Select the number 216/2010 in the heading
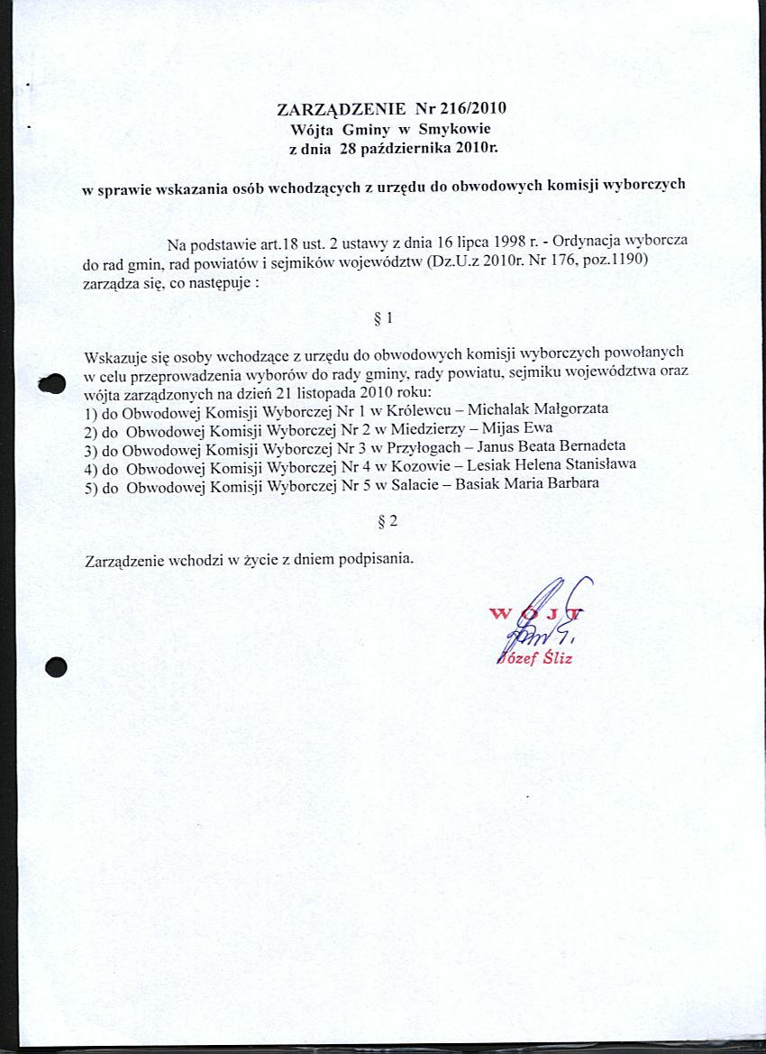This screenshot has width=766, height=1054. [x=475, y=109]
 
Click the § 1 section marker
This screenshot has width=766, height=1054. [x=382, y=318]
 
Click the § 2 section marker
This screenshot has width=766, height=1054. [x=387, y=520]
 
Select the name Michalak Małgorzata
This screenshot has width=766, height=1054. [x=539, y=408]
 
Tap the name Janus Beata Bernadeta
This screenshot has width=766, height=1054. [x=552, y=446]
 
